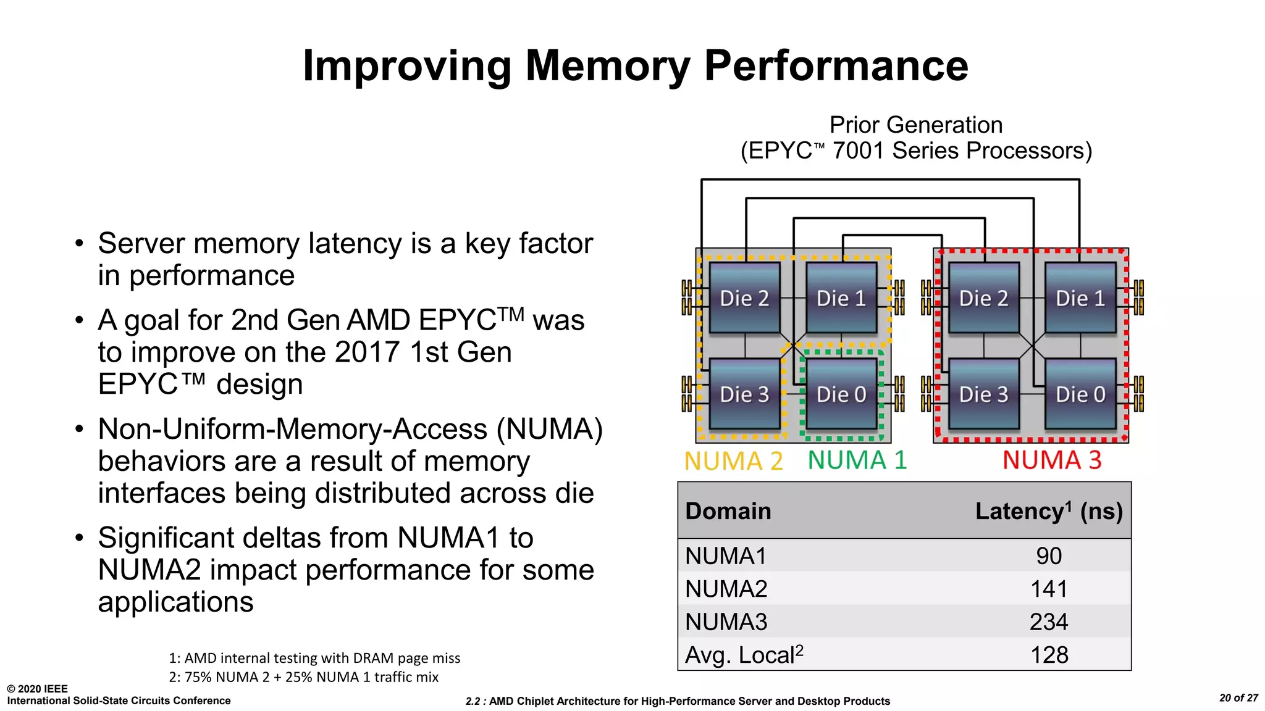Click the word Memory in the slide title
click(607, 65)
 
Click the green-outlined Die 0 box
click(841, 394)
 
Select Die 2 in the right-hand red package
click(983, 298)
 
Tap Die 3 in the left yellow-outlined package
click(744, 394)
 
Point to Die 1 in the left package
click(841, 298)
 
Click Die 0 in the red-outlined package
click(1080, 394)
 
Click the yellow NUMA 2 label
click(733, 461)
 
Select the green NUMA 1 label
click(857, 460)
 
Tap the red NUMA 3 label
click(1051, 460)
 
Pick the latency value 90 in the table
click(1048, 556)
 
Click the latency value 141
click(1048, 589)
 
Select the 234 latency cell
click(1048, 622)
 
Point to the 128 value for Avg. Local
click(1048, 655)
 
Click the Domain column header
click(728, 511)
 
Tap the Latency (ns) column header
click(1048, 511)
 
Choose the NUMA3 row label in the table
click(726, 622)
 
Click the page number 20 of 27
click(1238, 698)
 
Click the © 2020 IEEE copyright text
click(37, 689)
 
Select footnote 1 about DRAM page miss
click(314, 658)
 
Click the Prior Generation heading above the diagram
click(915, 125)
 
